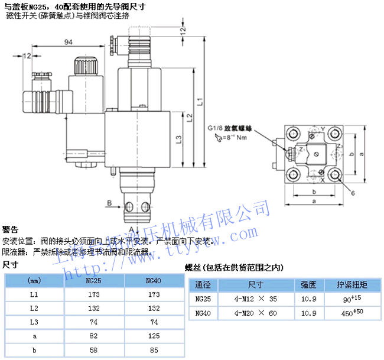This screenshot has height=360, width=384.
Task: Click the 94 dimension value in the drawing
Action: point(67,41)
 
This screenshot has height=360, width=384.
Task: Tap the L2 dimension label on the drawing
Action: point(189,118)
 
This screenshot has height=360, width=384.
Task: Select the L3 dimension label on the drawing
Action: point(179,140)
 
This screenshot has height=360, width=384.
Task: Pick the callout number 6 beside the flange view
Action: point(352,193)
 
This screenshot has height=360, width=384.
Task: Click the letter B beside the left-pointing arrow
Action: point(109,203)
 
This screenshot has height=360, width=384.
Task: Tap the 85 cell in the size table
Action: point(154,351)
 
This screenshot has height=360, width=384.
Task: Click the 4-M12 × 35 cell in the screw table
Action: point(255,299)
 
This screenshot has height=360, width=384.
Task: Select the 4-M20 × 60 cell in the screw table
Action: point(255,313)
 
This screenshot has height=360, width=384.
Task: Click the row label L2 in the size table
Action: point(34,308)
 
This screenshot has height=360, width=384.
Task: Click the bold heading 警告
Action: point(10,229)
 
